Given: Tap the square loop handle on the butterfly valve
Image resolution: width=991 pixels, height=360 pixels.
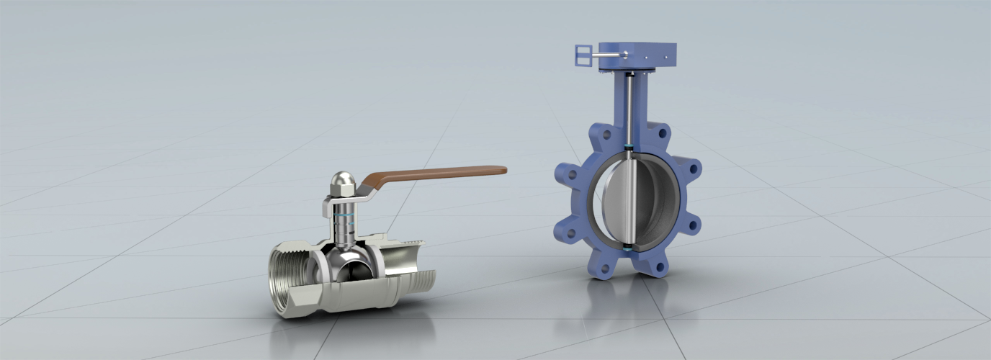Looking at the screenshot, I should pyautogui.click(x=583, y=55).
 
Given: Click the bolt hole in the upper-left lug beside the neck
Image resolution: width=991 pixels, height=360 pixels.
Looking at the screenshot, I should pyautogui.click(x=605, y=134).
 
